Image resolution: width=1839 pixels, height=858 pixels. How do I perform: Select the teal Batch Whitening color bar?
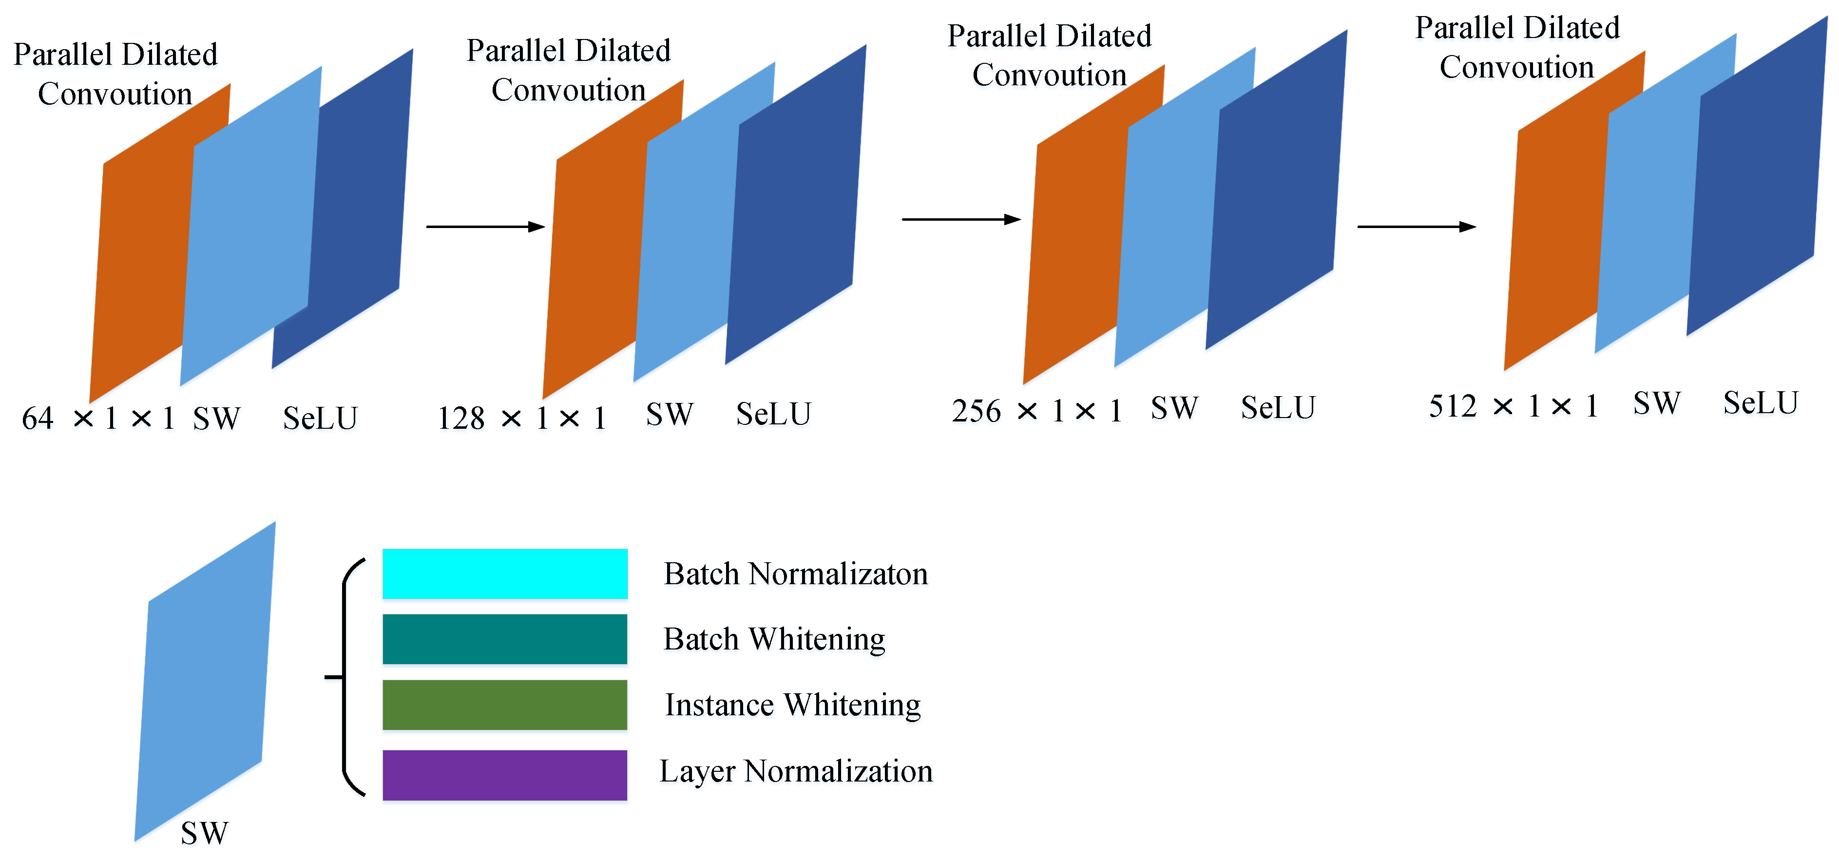[x=505, y=639]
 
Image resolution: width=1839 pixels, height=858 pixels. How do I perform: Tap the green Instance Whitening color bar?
[x=505, y=705]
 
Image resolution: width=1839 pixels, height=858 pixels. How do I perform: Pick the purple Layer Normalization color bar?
[x=505, y=775]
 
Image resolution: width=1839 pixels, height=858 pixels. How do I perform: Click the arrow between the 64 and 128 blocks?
[x=485, y=227]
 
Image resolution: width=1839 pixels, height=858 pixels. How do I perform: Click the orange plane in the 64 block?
[x=143, y=271]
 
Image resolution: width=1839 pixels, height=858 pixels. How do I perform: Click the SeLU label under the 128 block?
[x=773, y=415]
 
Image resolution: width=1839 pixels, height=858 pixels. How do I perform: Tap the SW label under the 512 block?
[x=1656, y=404]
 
